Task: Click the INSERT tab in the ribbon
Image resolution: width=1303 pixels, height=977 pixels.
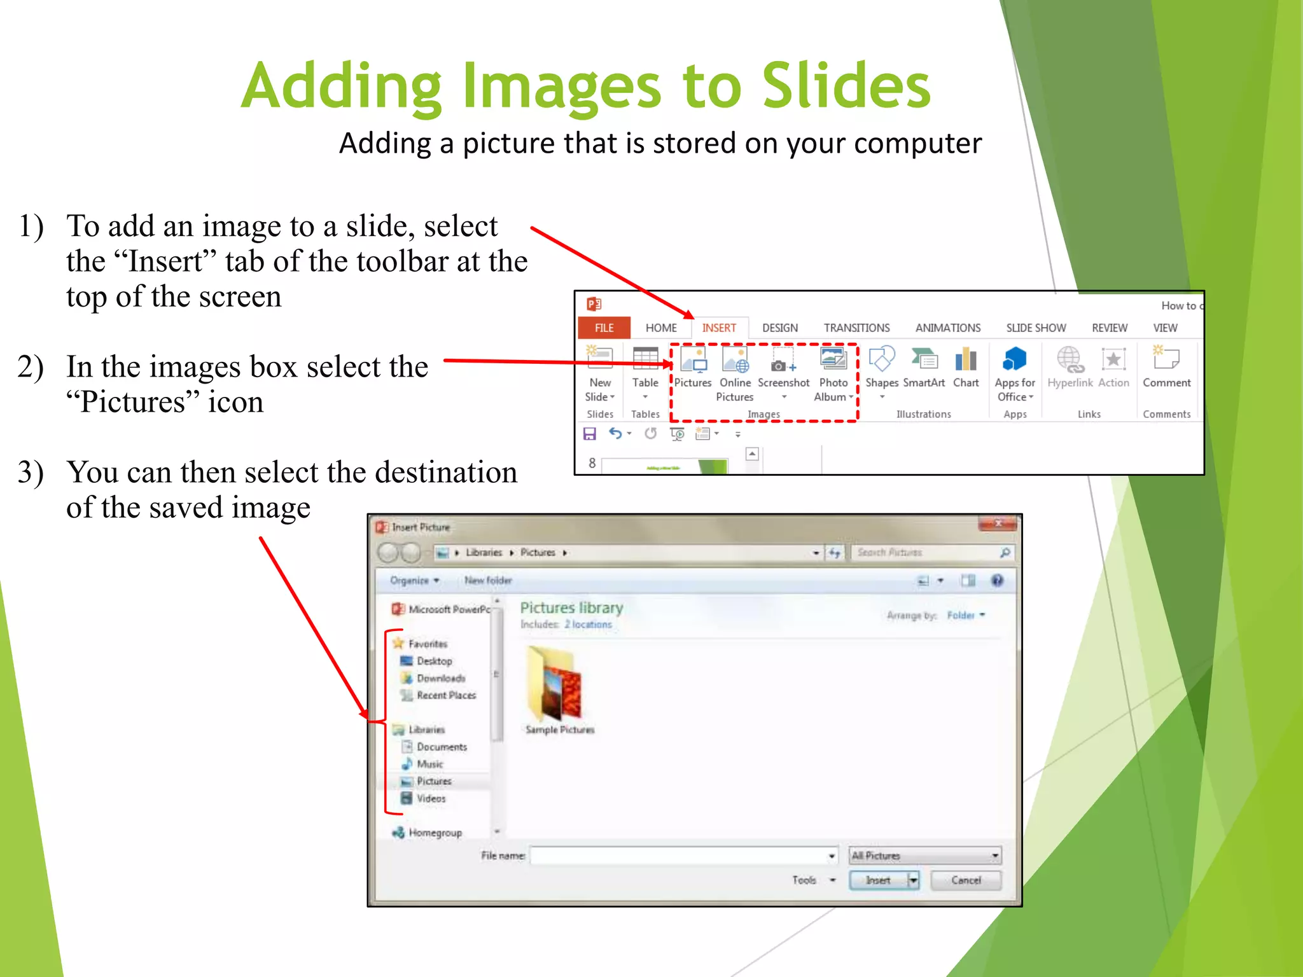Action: pos(719,328)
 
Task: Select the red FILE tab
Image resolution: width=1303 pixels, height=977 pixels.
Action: pos(604,328)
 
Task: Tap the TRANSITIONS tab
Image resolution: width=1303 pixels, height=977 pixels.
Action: pos(856,328)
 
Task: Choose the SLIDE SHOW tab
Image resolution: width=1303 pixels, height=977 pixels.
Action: pos(1036,328)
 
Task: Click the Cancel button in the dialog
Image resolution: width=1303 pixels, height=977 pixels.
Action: pos(966,880)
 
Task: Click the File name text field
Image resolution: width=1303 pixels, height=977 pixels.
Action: pos(681,856)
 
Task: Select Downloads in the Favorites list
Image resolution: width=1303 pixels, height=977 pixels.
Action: pos(440,679)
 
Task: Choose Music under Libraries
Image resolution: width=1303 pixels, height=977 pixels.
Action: pos(430,764)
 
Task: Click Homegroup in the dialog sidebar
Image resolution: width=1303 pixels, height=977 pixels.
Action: pos(435,833)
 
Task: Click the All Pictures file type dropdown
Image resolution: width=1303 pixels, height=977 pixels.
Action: pos(924,856)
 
